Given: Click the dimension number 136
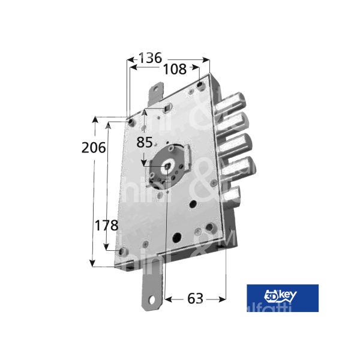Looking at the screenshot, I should [150, 58].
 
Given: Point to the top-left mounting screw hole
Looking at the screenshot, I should [130, 122].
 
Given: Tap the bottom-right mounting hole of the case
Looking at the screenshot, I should [214, 229].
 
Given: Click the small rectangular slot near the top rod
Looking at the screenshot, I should [166, 108].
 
